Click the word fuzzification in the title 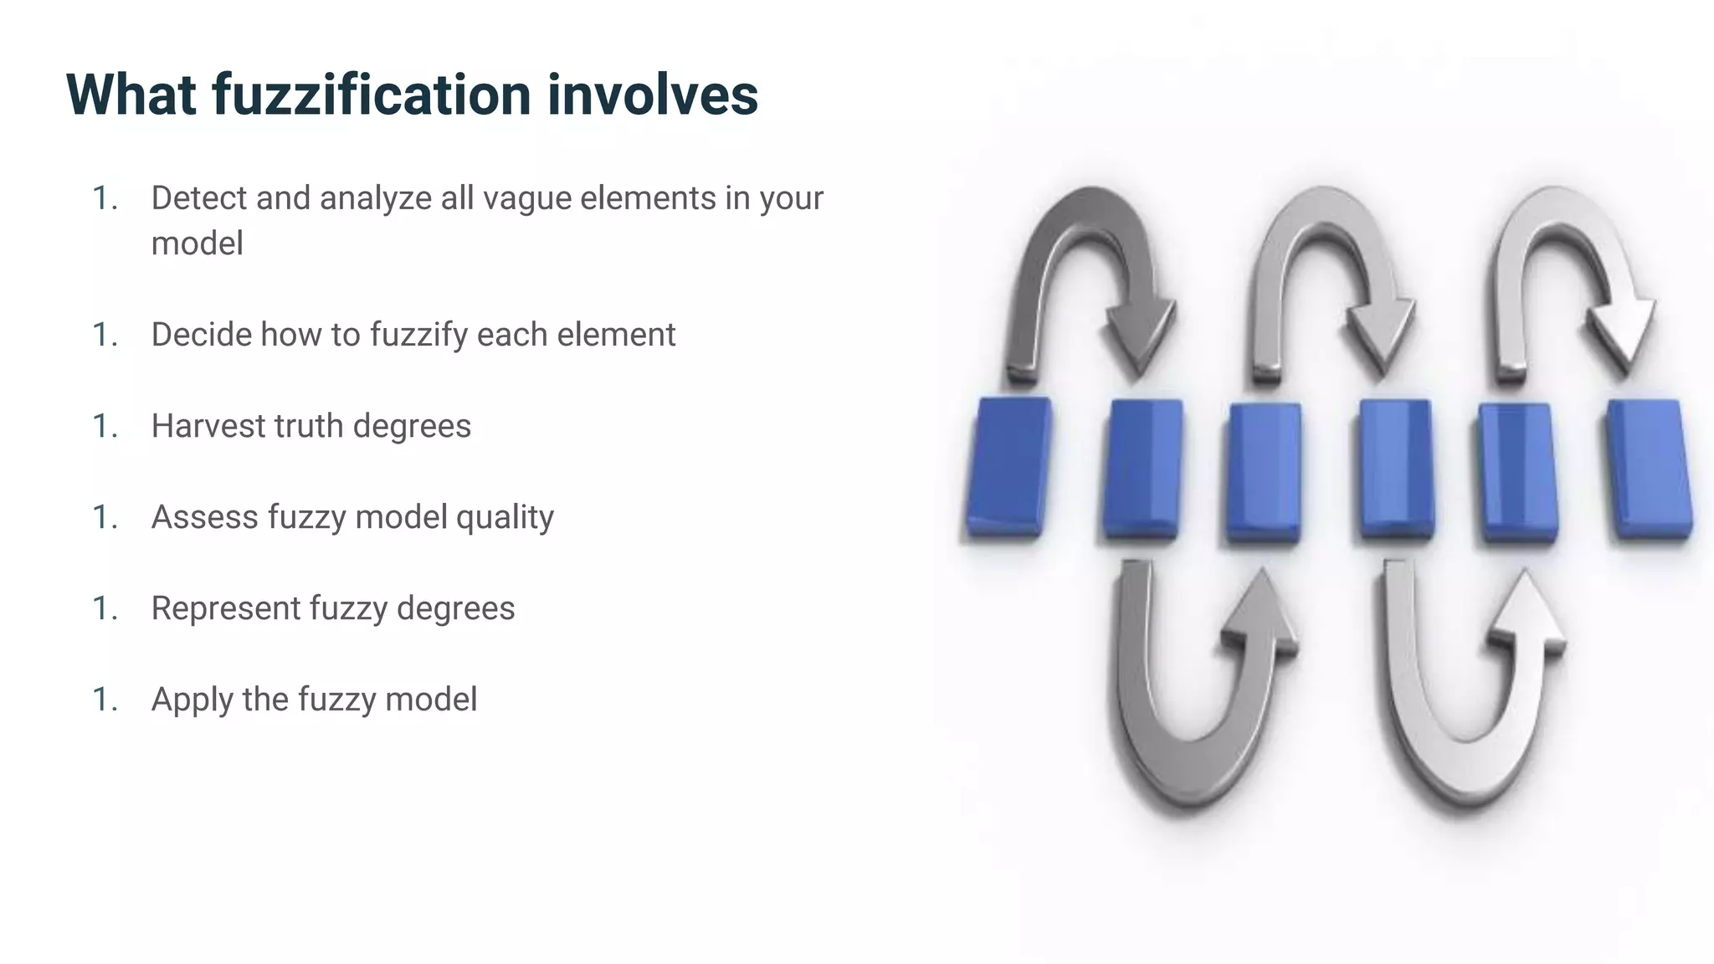click(372, 94)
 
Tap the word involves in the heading click(653, 94)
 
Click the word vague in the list click(527, 198)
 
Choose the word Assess click(205, 517)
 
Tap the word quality click(505, 517)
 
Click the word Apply click(192, 700)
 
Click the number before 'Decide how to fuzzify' click(104, 335)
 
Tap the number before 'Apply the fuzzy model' click(104, 700)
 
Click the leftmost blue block click(1008, 467)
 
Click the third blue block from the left click(1264, 473)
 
